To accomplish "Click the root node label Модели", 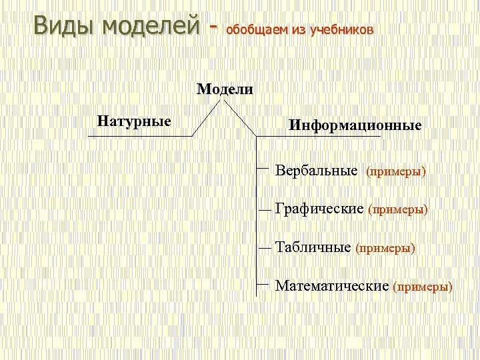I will pyautogui.click(x=225, y=90).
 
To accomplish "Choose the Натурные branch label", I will pyautogui.click(x=134, y=121).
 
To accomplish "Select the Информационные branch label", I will pyautogui.click(x=355, y=125).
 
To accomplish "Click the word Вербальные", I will pyautogui.click(x=317, y=171).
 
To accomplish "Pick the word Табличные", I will pyautogui.click(x=313, y=248).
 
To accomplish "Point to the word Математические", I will pyautogui.click(x=332, y=286).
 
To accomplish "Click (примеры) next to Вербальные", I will pyautogui.click(x=396, y=172).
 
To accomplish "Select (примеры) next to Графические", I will pyautogui.click(x=398, y=210).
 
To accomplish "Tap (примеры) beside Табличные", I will pyautogui.click(x=385, y=249).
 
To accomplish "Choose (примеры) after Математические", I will pyautogui.click(x=423, y=287).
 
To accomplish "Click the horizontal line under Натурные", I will pyautogui.click(x=140, y=136).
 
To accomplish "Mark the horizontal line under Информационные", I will pyautogui.click(x=319, y=136).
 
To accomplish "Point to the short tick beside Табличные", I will pyautogui.click(x=265, y=247).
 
